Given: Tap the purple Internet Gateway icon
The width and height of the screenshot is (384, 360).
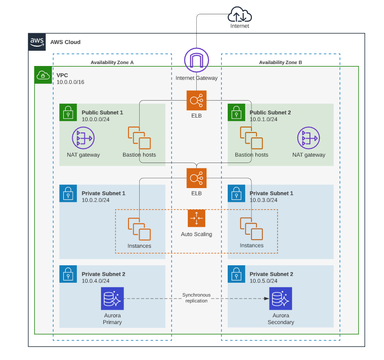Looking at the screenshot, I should tap(197, 60).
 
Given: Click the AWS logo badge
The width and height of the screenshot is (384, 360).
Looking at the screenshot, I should tap(37, 42).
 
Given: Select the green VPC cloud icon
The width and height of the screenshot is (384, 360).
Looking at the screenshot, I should tap(43, 75).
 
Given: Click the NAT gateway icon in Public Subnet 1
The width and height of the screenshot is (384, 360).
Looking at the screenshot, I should tap(83, 138).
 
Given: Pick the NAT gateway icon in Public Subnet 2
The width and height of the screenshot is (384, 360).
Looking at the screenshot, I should tap(309, 138).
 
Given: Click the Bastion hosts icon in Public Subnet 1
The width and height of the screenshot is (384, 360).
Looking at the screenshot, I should tap(139, 138).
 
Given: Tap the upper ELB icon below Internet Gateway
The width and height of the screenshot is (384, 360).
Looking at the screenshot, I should tap(197, 101).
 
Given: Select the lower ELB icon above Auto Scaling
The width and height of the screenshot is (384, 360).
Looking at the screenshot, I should tap(197, 178).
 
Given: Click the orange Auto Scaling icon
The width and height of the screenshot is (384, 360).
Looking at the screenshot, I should tap(197, 219).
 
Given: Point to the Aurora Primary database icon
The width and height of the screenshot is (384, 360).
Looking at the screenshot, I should tap(112, 299).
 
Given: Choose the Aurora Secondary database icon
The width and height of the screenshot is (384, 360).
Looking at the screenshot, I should tap(281, 299).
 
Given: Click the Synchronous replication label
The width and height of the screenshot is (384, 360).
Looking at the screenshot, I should tap(196, 298).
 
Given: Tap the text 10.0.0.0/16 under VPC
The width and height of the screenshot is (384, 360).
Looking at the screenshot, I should tap(70, 82).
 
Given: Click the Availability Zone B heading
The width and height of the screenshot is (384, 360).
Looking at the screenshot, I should tap(280, 62).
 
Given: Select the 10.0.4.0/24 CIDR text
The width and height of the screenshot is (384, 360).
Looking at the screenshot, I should tap(96, 281).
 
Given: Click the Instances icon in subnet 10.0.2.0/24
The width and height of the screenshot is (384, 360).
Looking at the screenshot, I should tap(139, 229).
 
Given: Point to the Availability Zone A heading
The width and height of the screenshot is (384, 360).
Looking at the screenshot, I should tap(112, 62).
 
